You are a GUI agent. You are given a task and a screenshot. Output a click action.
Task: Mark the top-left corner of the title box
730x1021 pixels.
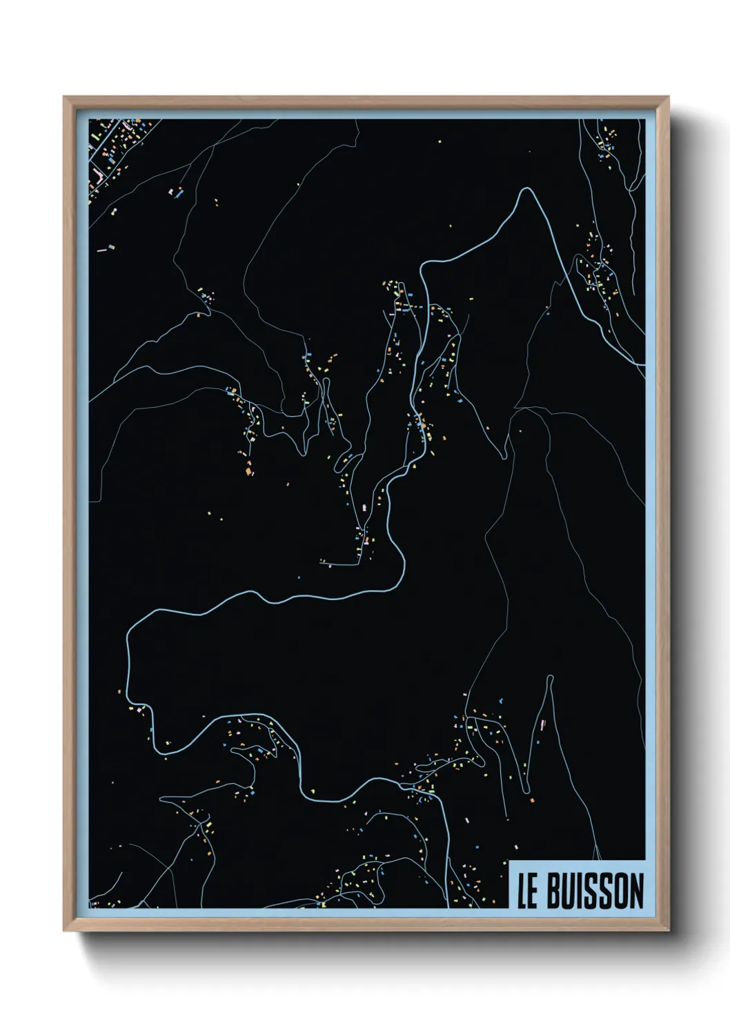click(509, 862)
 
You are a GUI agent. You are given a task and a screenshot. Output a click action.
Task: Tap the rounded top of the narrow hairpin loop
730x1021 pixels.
click(550, 677)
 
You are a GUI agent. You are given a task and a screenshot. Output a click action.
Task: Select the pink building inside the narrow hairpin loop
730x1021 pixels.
click(543, 724)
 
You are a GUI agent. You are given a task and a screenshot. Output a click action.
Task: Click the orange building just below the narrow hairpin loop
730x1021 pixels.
click(532, 800)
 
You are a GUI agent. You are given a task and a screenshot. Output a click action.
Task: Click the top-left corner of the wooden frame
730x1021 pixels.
click(64, 97)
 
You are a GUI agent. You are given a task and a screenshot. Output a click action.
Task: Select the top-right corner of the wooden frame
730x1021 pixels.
click(669, 97)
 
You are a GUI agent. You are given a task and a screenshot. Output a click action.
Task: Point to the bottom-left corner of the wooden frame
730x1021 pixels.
click(64, 931)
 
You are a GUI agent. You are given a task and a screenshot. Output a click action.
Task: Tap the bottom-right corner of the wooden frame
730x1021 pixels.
click(669, 931)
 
